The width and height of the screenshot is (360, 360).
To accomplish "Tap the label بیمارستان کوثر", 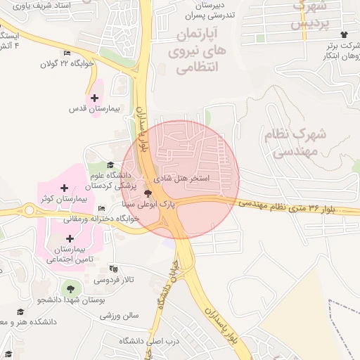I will (63, 199).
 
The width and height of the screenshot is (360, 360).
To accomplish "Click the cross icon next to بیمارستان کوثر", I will (65, 188).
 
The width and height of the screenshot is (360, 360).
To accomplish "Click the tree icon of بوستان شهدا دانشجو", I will (70, 288).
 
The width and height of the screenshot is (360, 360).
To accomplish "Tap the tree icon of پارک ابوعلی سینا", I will (147, 193).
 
